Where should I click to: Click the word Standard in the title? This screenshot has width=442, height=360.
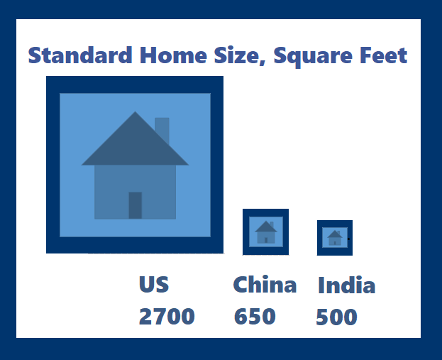[x=80, y=55]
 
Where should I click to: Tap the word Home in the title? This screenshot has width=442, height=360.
[x=173, y=55]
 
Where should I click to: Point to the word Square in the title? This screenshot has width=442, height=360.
[x=313, y=57]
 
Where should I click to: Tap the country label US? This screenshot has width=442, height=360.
[x=154, y=284]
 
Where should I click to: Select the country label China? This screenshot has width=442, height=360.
[x=265, y=284]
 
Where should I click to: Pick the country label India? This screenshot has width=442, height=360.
[x=347, y=285]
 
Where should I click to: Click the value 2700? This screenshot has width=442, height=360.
[x=167, y=316]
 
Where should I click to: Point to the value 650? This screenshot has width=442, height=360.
[x=255, y=316]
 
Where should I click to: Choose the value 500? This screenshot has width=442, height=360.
[x=336, y=317]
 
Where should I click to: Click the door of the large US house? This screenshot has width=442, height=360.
[x=136, y=205]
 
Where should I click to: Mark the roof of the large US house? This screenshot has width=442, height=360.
[x=135, y=144]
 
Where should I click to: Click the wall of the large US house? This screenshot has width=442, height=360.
[x=135, y=192]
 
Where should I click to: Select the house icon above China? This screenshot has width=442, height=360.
[x=266, y=232]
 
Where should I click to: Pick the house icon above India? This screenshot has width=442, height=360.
[x=335, y=238]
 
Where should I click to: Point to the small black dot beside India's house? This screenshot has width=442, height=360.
[x=348, y=239]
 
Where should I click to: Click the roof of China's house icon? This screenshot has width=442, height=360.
[x=266, y=227]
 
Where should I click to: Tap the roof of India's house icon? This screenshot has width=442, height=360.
[x=335, y=234]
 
